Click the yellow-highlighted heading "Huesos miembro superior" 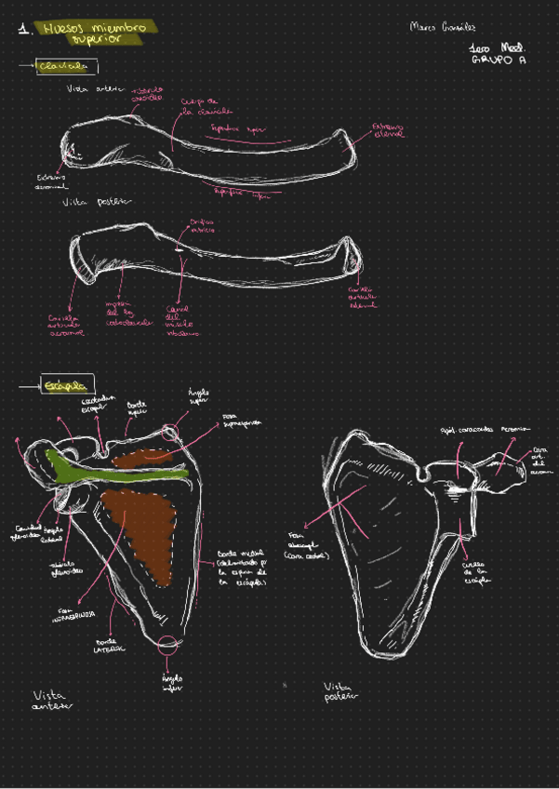coord(94,33)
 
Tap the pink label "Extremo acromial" coord(51,181)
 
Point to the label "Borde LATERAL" coord(111,645)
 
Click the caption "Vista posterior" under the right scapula coord(340,690)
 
